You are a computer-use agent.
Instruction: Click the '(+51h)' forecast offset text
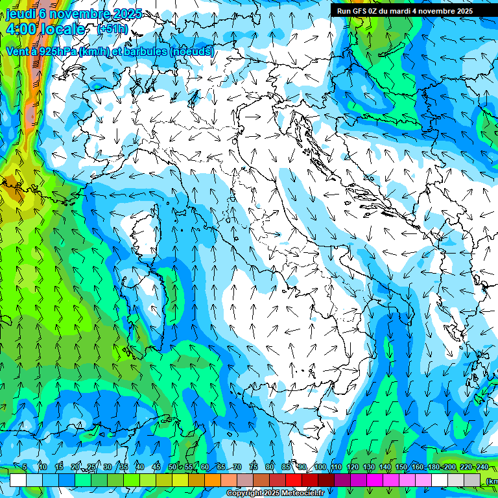point(112,29)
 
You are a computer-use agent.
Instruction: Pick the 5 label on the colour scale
point(25,468)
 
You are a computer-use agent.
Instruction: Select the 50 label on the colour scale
point(172,468)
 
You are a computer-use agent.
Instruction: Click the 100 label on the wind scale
point(320,468)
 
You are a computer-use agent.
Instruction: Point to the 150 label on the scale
point(401,468)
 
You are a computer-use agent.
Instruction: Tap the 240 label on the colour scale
point(481,468)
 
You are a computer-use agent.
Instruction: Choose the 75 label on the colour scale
point(254,468)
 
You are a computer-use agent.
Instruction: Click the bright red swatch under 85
point(294,480)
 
